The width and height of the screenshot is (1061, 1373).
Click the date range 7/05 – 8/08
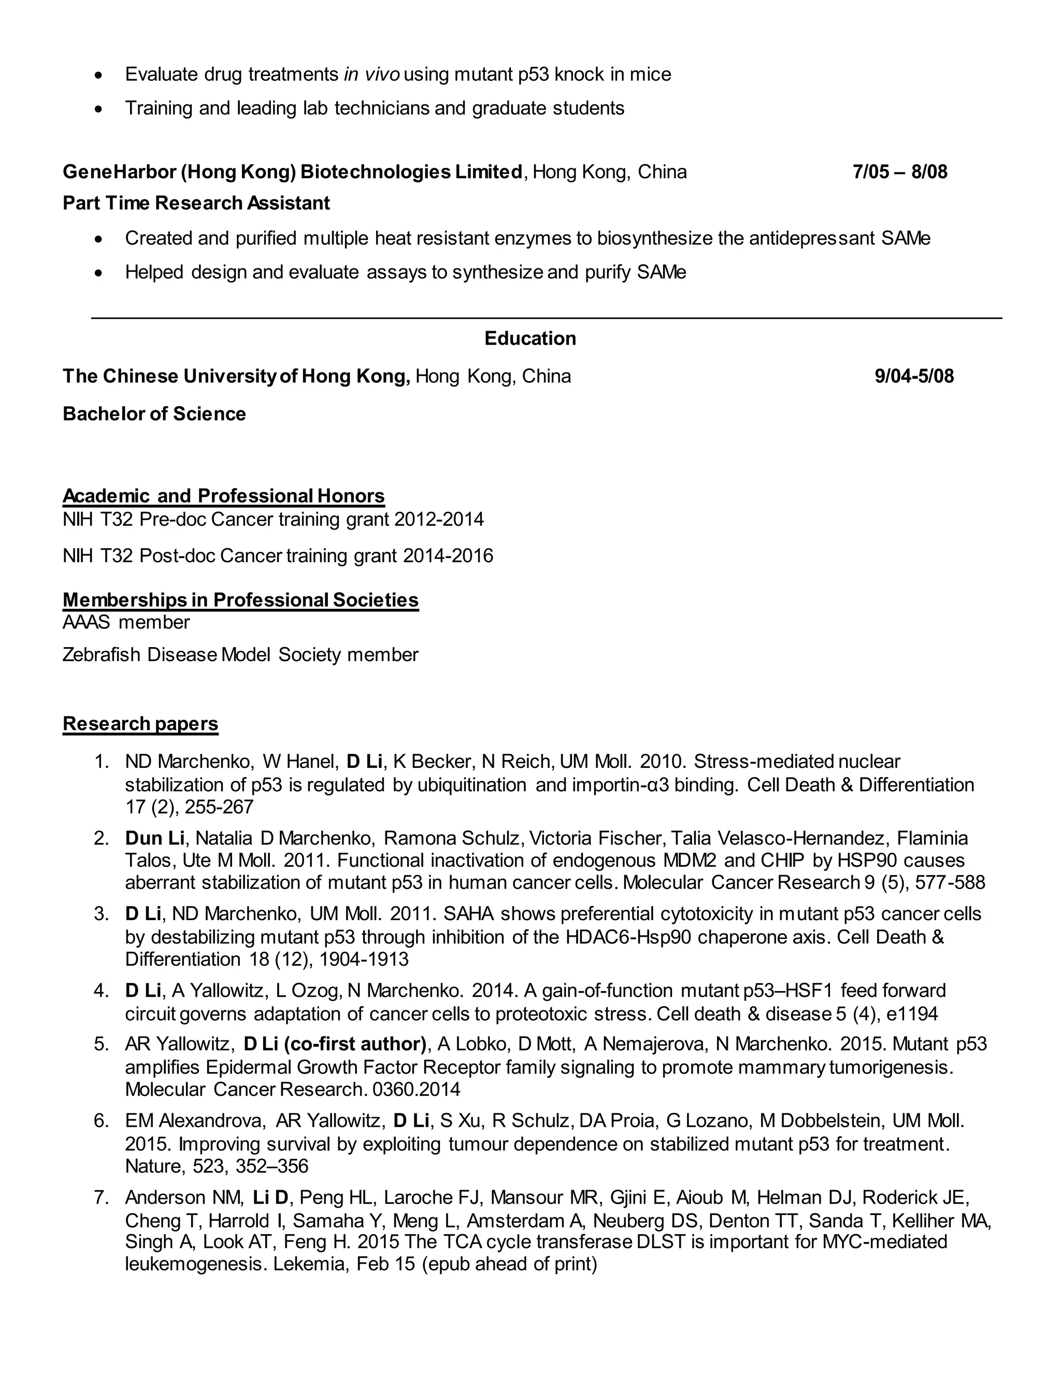[x=899, y=171]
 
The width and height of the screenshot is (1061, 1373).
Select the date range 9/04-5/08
[x=914, y=376]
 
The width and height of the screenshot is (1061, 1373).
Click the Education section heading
[x=530, y=338]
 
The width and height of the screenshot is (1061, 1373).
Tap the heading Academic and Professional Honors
[x=223, y=495]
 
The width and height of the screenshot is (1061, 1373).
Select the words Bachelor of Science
[x=154, y=413]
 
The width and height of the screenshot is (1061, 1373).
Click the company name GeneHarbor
[x=119, y=171]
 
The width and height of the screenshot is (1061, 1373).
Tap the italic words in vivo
[x=371, y=74]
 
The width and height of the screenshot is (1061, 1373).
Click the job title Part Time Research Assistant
[x=196, y=203]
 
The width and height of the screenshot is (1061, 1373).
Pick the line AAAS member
[x=126, y=622]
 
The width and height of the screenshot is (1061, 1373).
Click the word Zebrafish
[x=101, y=654]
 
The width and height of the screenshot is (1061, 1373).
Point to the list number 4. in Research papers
[x=101, y=991]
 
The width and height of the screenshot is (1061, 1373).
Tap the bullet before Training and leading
[x=97, y=109]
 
